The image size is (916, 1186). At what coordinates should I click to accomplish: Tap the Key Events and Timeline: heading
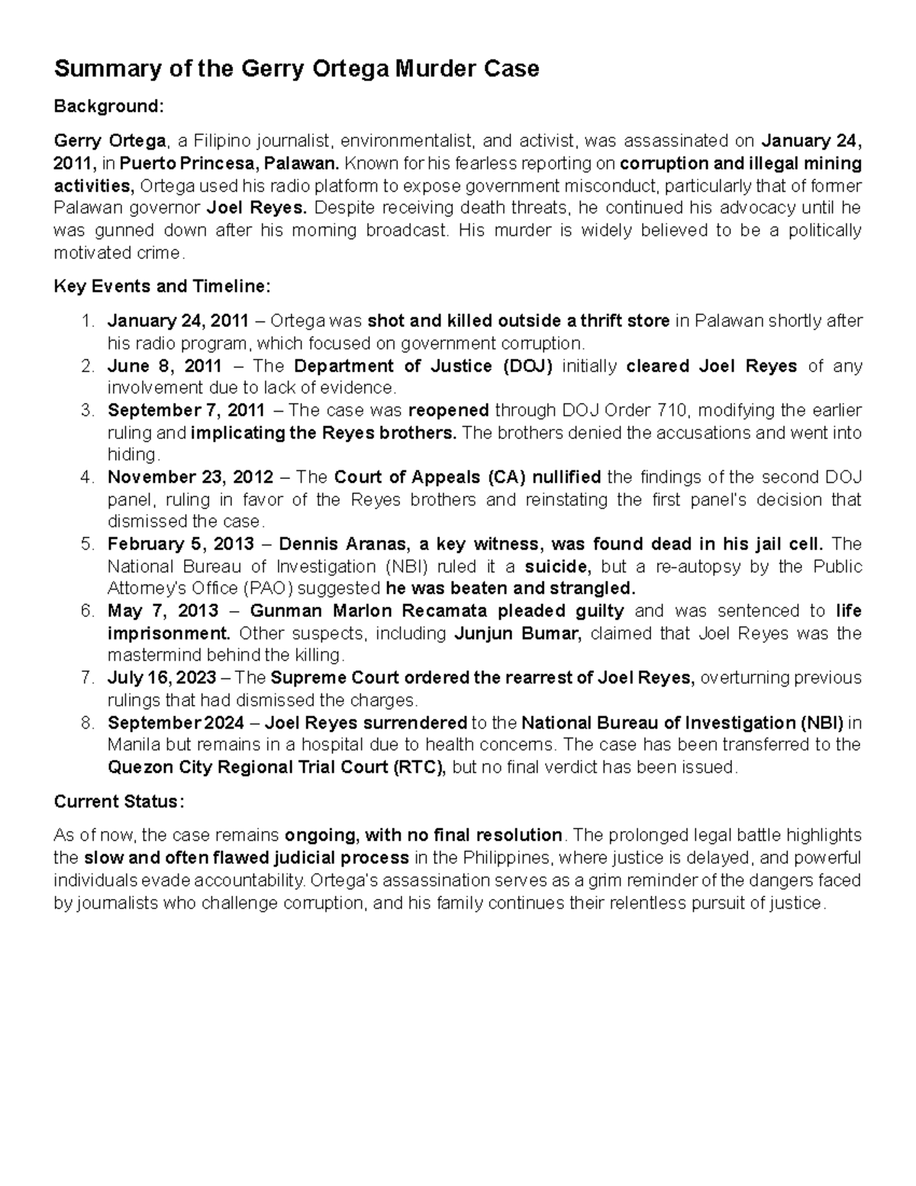click(162, 286)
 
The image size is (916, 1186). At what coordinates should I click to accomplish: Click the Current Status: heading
click(118, 802)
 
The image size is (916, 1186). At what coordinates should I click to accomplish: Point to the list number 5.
click(87, 545)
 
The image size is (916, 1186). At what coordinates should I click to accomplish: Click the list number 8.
click(87, 722)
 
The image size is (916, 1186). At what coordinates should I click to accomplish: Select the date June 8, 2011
click(165, 367)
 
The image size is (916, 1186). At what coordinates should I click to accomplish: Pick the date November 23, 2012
click(190, 478)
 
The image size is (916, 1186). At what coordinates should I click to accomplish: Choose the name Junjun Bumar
click(518, 634)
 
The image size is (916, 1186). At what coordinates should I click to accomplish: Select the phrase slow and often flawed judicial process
click(246, 857)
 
